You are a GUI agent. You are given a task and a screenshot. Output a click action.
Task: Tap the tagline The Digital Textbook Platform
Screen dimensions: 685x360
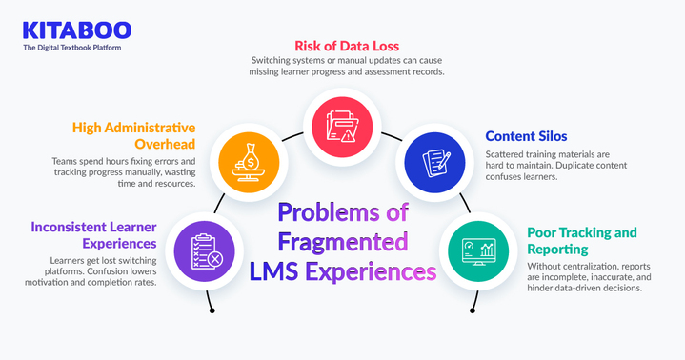click(72, 47)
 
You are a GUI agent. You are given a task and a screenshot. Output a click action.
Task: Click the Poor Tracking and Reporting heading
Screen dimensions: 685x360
click(582, 241)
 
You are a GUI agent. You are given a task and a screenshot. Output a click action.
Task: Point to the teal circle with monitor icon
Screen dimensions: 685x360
click(474, 250)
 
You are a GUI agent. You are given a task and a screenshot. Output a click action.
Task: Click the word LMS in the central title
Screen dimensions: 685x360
click(276, 272)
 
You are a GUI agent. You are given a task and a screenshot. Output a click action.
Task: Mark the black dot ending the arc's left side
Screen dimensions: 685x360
click(212, 310)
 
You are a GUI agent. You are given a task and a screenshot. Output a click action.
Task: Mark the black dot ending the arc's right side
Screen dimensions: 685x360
click(471, 310)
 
